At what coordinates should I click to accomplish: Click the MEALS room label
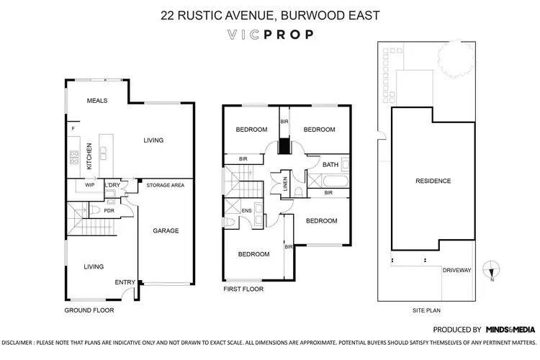click(96, 101)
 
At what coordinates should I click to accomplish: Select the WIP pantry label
click(90, 185)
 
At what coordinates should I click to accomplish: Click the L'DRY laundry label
click(112, 185)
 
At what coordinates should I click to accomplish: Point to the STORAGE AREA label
click(166, 185)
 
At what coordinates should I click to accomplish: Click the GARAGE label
click(166, 230)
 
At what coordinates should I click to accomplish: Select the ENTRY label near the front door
click(125, 282)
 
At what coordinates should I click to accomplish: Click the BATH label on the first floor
click(330, 165)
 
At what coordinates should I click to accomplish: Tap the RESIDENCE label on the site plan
click(433, 181)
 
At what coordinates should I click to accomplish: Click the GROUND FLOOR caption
click(89, 310)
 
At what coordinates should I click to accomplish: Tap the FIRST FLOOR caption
click(244, 289)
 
